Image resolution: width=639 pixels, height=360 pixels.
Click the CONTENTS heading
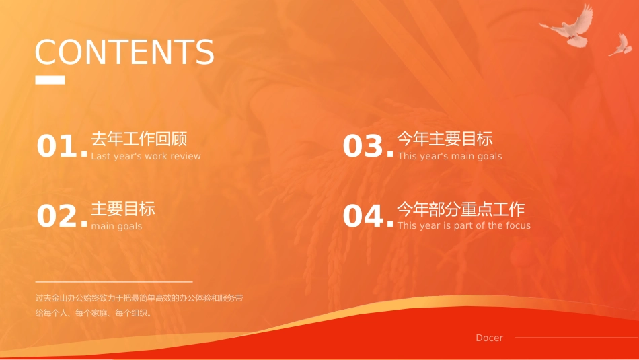124,52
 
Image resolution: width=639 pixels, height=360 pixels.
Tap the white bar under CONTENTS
50,80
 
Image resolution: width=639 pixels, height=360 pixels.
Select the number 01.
63,146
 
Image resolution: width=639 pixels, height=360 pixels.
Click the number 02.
63,216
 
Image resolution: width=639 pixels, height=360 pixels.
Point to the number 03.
368,146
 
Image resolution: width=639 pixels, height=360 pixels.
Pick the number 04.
368,216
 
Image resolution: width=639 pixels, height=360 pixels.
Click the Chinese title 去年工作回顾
139,139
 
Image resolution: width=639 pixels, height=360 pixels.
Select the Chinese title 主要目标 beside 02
123,209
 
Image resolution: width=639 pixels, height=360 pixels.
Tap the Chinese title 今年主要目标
445,139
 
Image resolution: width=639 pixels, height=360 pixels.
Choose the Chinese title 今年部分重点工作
461,209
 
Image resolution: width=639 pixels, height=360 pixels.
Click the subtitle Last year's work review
146,156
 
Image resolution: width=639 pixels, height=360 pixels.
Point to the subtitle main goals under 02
116,226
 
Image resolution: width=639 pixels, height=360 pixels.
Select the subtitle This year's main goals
449,156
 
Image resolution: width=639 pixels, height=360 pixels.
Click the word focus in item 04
518,225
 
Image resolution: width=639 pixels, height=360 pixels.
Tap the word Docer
490,338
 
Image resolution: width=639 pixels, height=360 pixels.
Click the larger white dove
568,26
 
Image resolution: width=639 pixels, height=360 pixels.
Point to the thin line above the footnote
114,281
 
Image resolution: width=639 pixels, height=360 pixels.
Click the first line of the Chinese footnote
139,298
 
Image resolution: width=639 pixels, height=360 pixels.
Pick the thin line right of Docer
577,337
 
